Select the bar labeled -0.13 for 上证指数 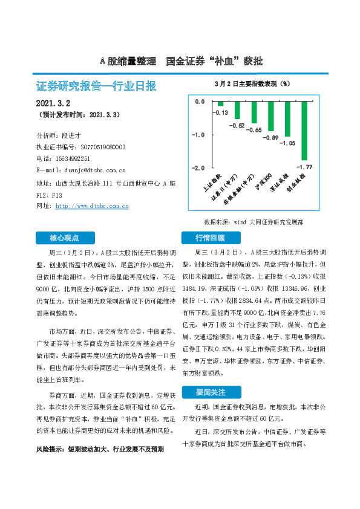(x=221, y=105)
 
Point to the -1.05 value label (x=287, y=144)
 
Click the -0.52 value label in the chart (x=237, y=126)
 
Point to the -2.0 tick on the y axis (x=198, y=167)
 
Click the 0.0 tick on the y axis (x=200, y=102)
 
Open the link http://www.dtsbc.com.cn (x=92, y=206)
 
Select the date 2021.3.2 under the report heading (x=54, y=103)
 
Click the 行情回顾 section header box (x=209, y=237)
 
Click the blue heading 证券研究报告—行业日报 (x=97, y=86)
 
